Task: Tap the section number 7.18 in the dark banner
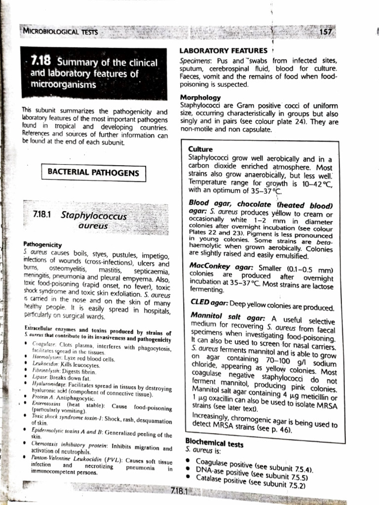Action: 41,62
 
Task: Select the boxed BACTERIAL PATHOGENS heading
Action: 93,172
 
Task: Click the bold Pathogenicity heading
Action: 42,244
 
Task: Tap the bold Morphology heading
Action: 200,97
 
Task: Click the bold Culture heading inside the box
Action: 200,149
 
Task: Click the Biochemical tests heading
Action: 214,443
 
